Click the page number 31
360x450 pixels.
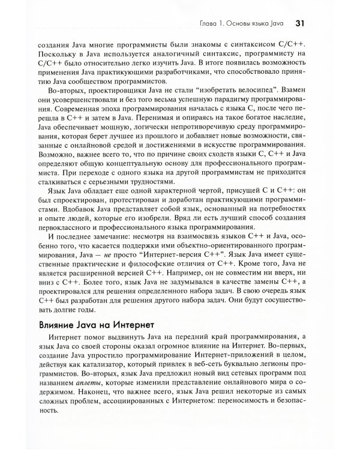click(302, 24)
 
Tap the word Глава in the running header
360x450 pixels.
click(211, 25)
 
